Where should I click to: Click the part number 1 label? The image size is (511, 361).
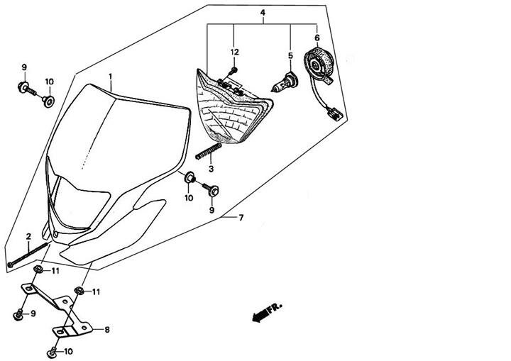click(111, 75)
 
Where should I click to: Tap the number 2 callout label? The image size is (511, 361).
click(28, 236)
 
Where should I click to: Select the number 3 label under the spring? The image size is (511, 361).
click(211, 169)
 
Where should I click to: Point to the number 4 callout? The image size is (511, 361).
click(263, 13)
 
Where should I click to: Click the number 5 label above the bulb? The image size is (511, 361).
click(290, 55)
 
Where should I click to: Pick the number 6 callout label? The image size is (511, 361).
click(317, 38)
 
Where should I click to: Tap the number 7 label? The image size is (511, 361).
click(241, 217)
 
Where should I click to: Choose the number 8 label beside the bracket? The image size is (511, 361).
click(106, 330)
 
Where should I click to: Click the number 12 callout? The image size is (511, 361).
click(233, 52)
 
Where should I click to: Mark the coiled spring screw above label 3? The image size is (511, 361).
click(208, 151)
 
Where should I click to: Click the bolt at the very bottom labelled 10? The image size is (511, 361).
click(51, 350)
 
